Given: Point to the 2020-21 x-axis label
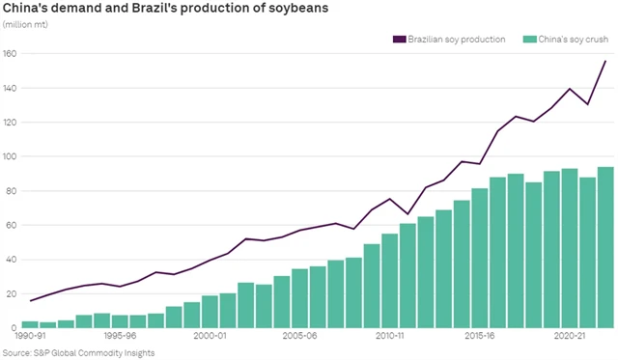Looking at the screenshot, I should click(x=574, y=337).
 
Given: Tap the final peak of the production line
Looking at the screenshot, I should click(x=605, y=61).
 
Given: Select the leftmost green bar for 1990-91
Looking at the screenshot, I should click(x=29, y=324).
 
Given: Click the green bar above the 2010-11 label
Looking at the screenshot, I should click(x=390, y=281).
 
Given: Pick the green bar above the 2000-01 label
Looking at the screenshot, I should click(x=210, y=312).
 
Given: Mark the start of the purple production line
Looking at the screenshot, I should click(x=29, y=300).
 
